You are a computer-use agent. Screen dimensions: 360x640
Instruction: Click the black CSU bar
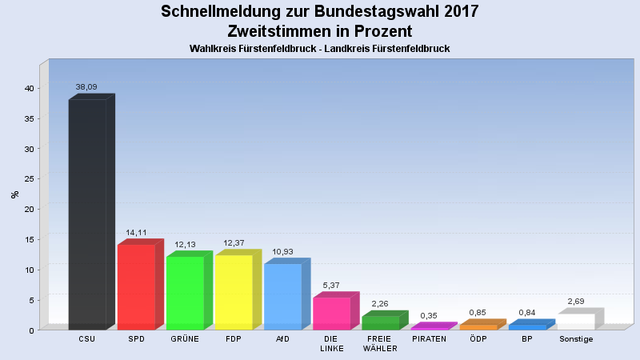pos(87,214)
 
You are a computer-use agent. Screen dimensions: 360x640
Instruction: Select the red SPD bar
pos(136,286)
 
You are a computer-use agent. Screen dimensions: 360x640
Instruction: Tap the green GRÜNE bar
pos(185,293)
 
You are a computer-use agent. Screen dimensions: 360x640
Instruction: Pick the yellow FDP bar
pos(234,292)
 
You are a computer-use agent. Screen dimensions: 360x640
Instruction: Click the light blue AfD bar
pos(282,296)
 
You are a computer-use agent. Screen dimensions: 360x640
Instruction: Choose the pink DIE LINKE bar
pos(331,313)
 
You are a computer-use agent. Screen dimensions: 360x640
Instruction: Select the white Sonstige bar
pos(575,321)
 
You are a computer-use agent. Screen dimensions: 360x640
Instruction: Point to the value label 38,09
pos(86,86)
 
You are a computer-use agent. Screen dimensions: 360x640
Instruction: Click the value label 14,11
pos(136,232)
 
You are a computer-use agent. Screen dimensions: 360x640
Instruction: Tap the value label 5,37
pos(331,286)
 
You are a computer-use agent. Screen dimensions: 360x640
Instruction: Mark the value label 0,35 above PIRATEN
pos(429,316)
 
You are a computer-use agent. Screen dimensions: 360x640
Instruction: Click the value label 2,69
pos(576,302)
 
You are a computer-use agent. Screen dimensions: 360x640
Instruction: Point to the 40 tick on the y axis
pos(28,88)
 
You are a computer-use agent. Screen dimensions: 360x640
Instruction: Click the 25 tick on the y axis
pos(28,179)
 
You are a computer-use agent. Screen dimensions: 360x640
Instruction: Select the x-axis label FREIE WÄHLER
pos(380,343)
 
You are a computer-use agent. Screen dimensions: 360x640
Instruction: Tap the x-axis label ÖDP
pos(478,339)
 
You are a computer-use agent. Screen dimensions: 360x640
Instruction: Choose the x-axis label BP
pos(526,339)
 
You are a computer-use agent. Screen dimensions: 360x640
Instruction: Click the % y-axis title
pos(14,194)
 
